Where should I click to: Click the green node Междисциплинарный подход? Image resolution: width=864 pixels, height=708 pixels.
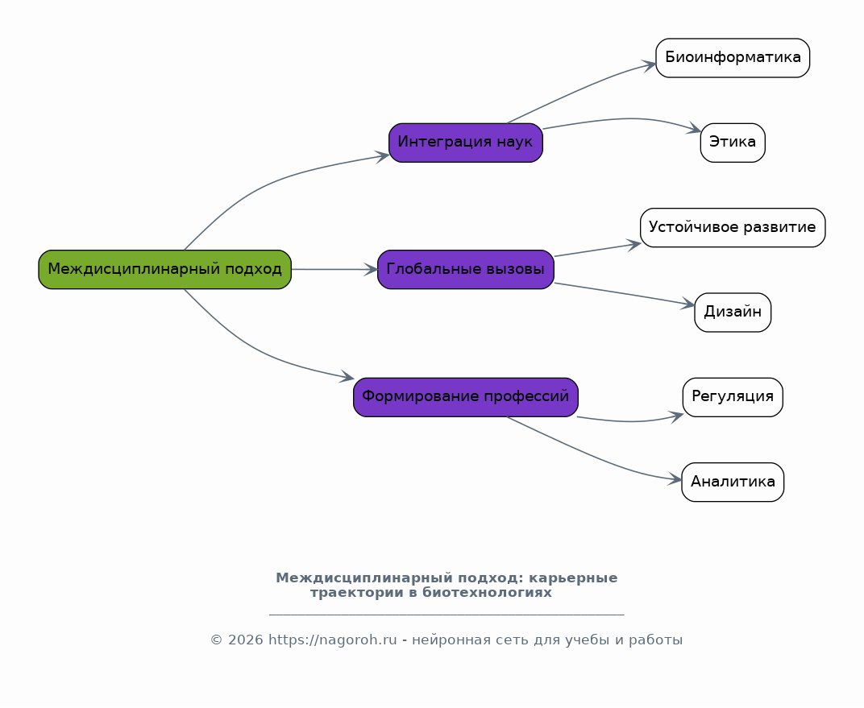pyautogui.click(x=164, y=269)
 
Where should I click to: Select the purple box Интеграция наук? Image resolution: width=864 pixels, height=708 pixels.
pyautogui.click(x=466, y=143)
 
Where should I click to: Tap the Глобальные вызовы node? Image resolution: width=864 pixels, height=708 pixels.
pyautogui.click(x=466, y=269)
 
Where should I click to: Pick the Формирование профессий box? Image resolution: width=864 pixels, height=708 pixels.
pyautogui.click(x=466, y=397)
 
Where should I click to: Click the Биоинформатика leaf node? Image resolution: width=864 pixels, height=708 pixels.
pyautogui.click(x=733, y=58)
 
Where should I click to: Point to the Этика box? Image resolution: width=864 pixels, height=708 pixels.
pyautogui.click(x=733, y=143)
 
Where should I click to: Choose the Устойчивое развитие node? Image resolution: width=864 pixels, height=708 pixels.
pyautogui.click(x=733, y=227)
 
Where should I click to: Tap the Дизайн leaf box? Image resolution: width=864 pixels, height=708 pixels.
pyautogui.click(x=733, y=313)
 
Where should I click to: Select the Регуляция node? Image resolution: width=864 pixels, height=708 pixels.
pyautogui.click(x=733, y=397)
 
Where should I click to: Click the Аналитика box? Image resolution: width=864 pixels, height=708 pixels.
pyautogui.click(x=733, y=482)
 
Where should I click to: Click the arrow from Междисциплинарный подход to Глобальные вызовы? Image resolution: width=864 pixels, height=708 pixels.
pyautogui.click(x=334, y=269)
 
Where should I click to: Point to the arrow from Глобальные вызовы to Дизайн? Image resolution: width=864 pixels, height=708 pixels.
pyautogui.click(x=625, y=294)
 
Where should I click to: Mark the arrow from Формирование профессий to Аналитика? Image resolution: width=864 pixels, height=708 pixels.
pyautogui.click(x=592, y=456)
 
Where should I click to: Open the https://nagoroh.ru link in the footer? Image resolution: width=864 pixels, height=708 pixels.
pyautogui.click(x=332, y=640)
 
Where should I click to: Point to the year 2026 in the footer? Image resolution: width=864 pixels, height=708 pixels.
pyautogui.click(x=245, y=640)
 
